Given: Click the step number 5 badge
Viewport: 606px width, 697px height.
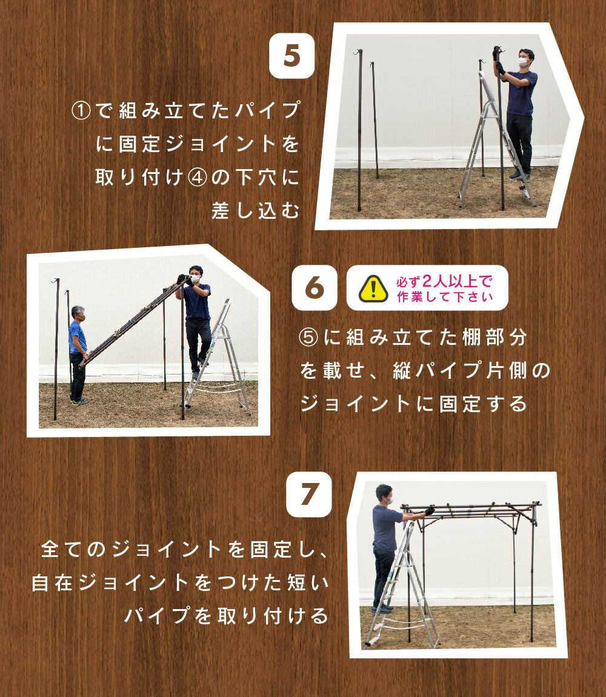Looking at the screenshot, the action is [291, 56].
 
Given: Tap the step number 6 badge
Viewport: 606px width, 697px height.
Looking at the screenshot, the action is [315, 288].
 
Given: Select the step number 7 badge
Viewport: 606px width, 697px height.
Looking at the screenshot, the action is [309, 495].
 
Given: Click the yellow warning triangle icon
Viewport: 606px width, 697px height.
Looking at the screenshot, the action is [373, 288].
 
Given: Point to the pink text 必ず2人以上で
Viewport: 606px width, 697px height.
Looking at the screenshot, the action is [444, 281].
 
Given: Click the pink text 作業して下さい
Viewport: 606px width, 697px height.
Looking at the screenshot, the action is [445, 296].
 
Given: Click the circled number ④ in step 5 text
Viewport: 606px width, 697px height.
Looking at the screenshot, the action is [197, 178].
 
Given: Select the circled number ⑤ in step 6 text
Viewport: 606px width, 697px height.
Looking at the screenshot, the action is [308, 338].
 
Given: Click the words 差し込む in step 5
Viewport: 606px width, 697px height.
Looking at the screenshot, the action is [256, 211].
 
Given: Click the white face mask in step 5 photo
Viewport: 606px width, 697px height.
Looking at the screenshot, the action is [524, 62].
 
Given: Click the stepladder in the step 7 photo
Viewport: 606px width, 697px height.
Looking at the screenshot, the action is [402, 587].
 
